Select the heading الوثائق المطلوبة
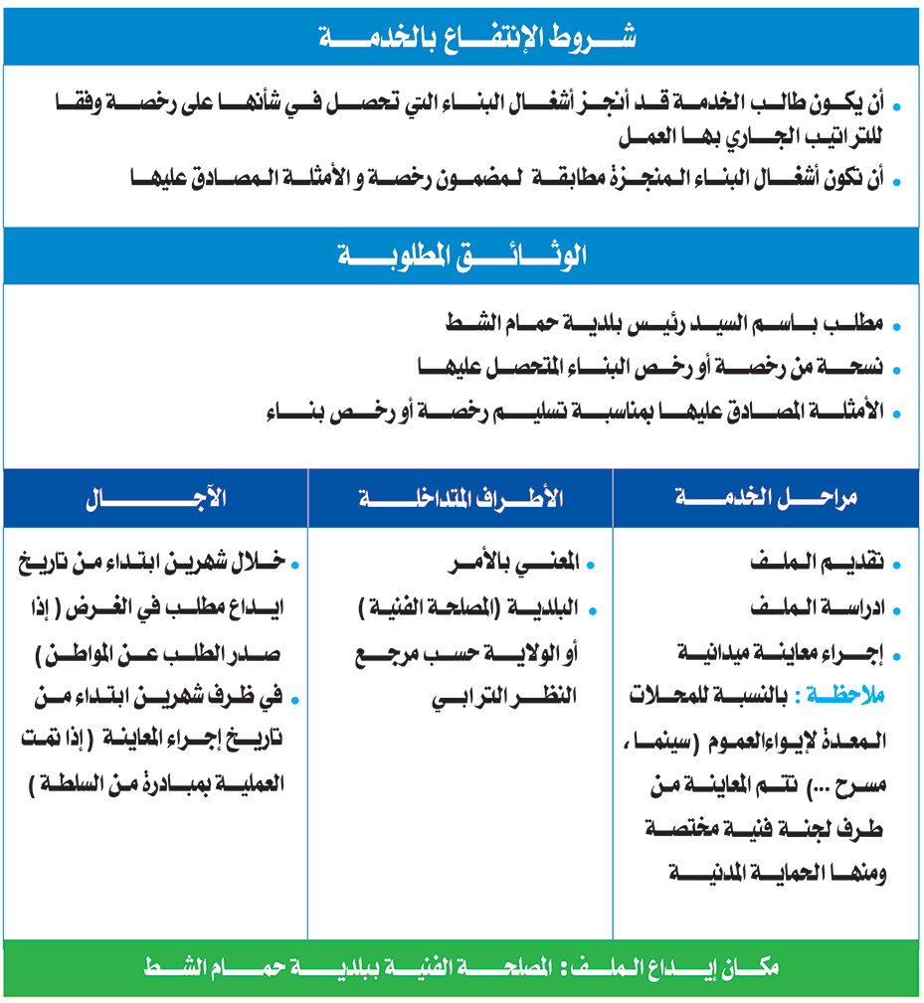(462, 255)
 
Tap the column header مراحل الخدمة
(767, 499)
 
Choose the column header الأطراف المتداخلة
(461, 499)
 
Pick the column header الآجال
(156, 499)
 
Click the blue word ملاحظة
(845, 697)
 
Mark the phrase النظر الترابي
(505, 697)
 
